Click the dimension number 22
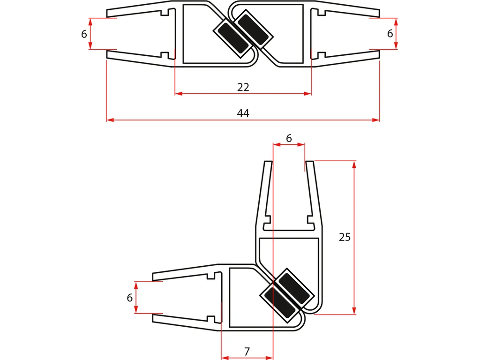click(x=243, y=87)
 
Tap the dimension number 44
click(x=243, y=113)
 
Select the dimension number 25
click(x=345, y=237)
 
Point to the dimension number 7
click(x=247, y=352)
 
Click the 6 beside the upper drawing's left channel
click(x=84, y=34)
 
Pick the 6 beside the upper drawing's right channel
click(x=390, y=33)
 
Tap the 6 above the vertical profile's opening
click(x=289, y=138)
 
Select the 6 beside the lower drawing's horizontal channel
click(x=129, y=298)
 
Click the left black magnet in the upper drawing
click(x=231, y=38)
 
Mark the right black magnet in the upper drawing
click(x=254, y=29)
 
